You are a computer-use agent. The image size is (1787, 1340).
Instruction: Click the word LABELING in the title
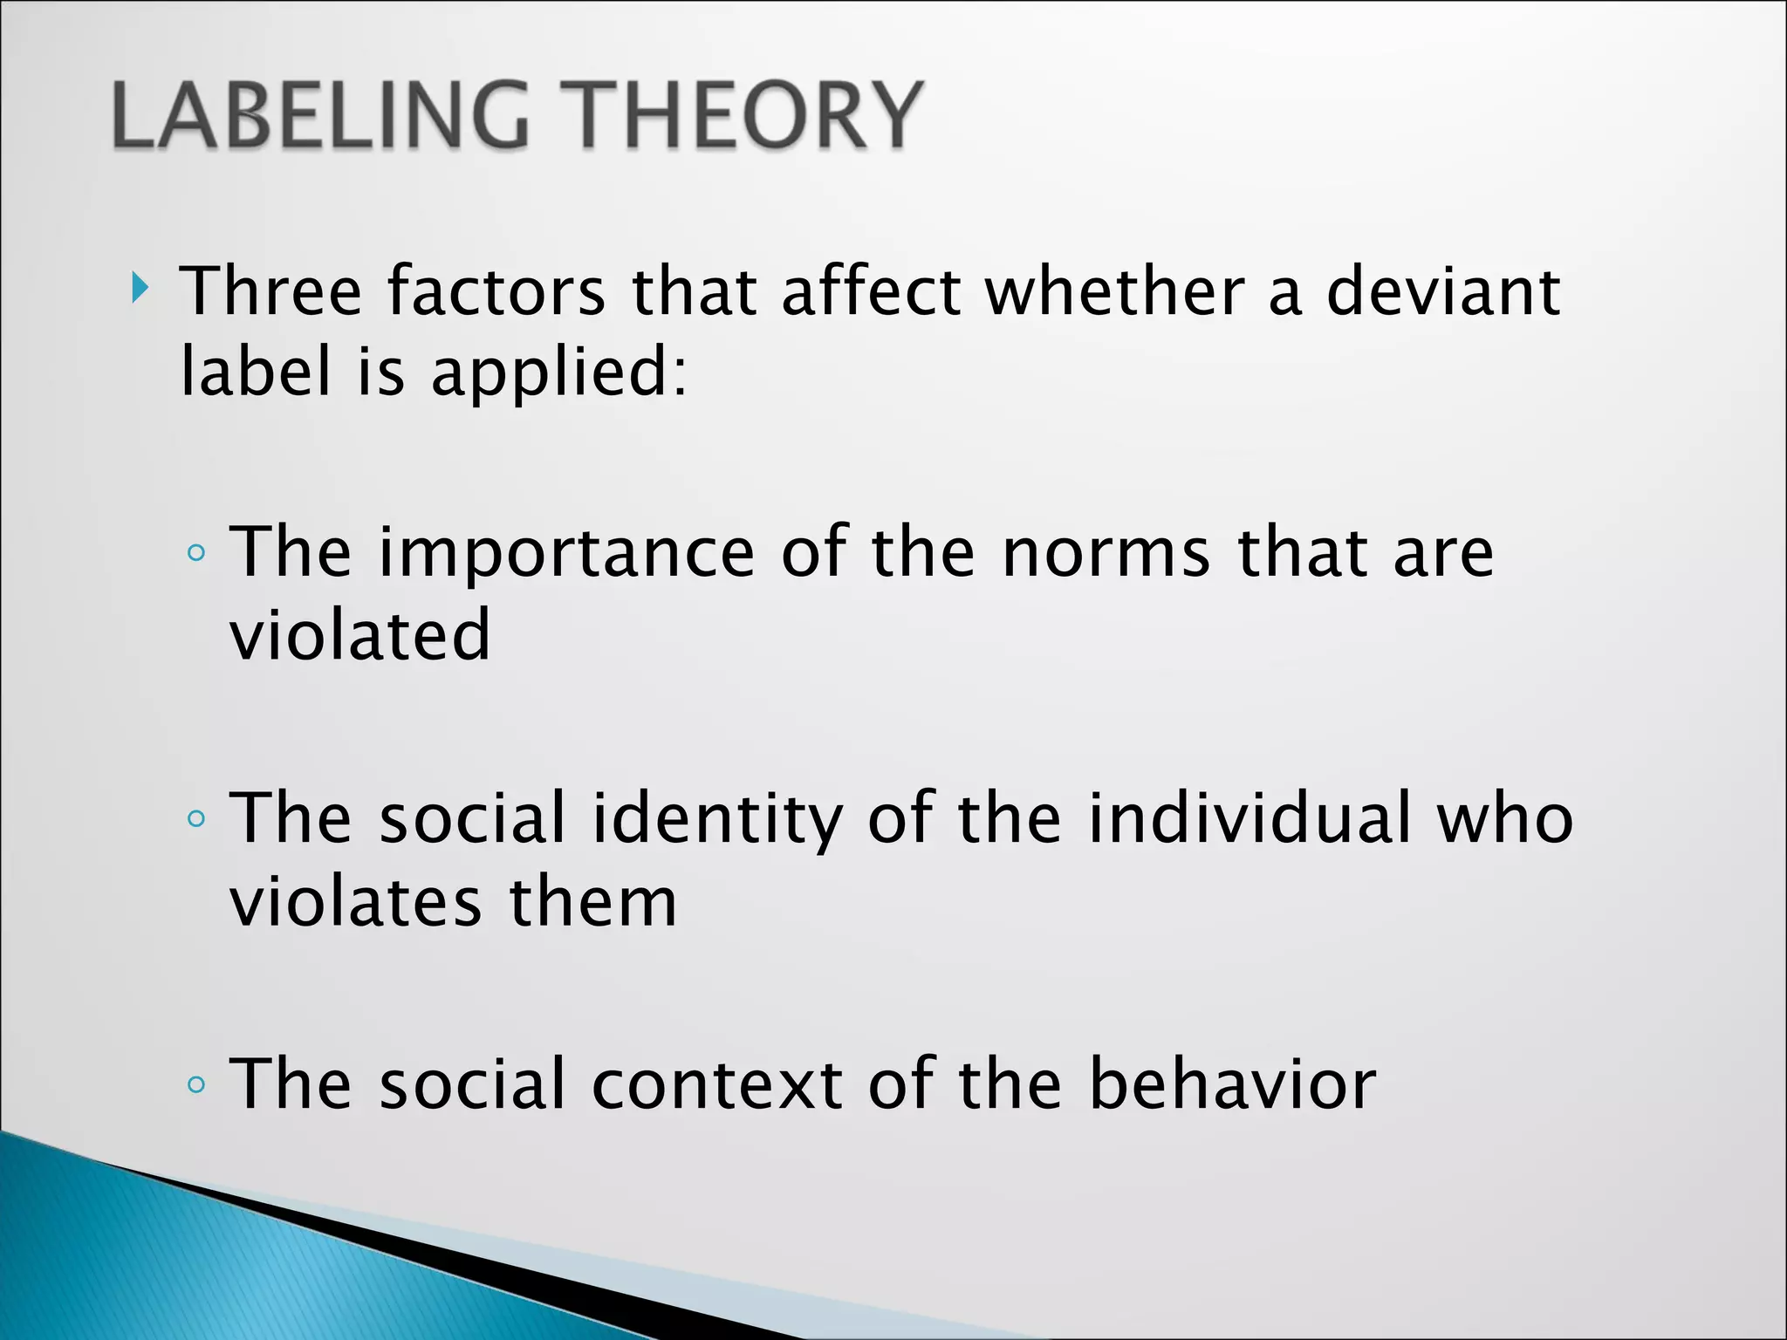(320, 116)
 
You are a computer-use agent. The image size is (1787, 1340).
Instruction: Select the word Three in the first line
(270, 291)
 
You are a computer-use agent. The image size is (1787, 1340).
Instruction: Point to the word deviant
(1442, 291)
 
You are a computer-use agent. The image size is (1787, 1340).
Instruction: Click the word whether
(1114, 291)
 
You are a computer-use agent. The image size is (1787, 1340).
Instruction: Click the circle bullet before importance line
(197, 553)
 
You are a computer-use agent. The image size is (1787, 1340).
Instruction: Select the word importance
(565, 555)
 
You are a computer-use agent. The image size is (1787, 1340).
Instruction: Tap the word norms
(1106, 555)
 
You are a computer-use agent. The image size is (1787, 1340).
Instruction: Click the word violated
(359, 635)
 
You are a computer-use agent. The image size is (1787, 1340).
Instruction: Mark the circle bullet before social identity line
(197, 818)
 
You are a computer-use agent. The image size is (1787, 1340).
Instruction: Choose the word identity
(717, 820)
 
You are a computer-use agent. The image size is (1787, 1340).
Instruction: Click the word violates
(354, 902)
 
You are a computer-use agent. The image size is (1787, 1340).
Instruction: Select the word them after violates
(592, 902)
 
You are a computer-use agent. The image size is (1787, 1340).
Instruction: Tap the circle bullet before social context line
(197, 1085)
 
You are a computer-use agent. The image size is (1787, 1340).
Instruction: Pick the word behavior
(1232, 1085)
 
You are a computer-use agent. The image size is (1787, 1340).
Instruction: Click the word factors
(496, 291)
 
